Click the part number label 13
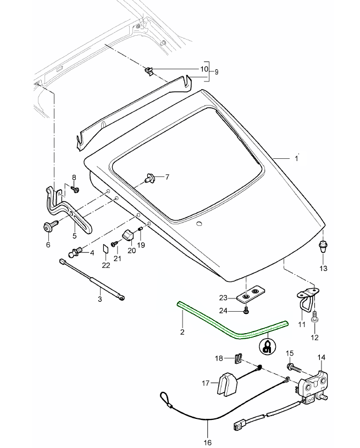point(323,268)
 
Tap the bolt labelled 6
point(48,225)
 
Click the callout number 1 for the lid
point(296,159)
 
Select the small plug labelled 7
point(149,178)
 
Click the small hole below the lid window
point(199,224)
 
